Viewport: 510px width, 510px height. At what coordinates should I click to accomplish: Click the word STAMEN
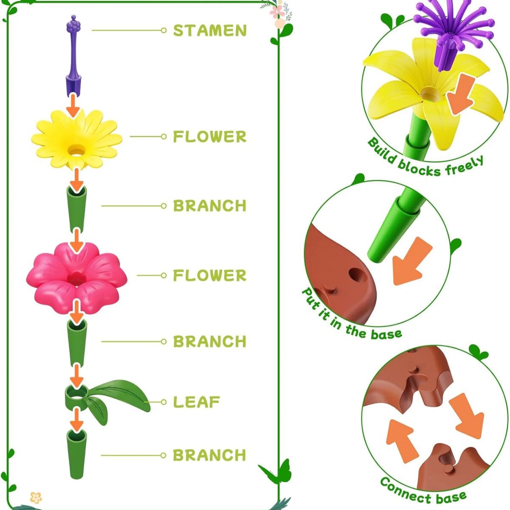point(210,31)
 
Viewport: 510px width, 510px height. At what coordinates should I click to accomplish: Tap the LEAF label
point(196,402)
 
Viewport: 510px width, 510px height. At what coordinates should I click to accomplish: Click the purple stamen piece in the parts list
point(73,57)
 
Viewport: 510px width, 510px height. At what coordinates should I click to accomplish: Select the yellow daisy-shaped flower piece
point(76,140)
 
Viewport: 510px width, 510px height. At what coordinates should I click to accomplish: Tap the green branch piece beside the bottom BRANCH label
point(76,454)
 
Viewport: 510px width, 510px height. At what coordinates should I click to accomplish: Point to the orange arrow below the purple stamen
point(73,105)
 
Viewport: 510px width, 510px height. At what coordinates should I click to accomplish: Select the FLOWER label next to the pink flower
point(210,275)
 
